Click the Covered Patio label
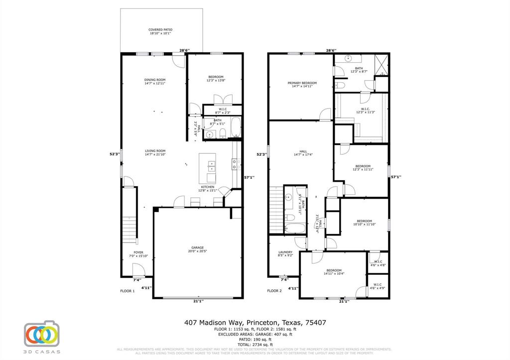tap(160, 32)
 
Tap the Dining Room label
tap(155, 82)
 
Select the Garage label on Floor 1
tap(198, 249)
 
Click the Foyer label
tap(138, 254)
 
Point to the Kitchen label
tap(208, 189)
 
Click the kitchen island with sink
tap(208, 168)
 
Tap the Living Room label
tap(155, 153)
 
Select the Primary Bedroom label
tap(302, 85)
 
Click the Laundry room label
tap(285, 254)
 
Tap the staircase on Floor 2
tap(275, 209)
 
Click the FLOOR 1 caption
tap(127, 291)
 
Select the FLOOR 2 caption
tap(274, 291)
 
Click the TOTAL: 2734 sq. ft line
tap(255, 345)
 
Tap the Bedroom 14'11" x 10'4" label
tap(334, 272)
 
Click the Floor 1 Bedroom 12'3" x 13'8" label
tap(216, 78)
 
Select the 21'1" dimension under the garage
tap(198, 301)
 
